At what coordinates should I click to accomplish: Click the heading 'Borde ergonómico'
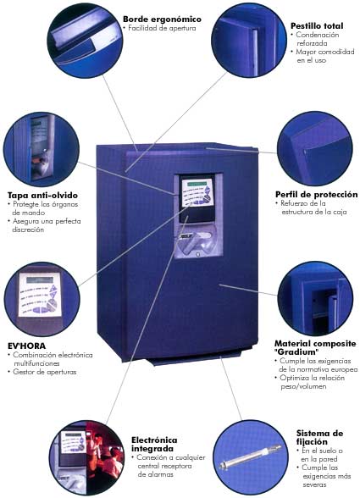point(162,19)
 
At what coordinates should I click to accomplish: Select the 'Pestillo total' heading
point(317,25)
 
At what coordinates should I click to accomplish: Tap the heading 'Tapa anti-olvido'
point(42,195)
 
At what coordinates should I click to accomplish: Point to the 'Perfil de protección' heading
point(317,194)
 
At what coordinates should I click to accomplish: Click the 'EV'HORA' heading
point(27,346)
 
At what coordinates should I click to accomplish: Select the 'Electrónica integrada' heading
point(154,445)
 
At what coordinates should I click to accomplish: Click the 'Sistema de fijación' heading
point(319,438)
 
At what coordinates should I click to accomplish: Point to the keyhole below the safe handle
point(197,254)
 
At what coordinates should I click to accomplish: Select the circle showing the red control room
point(86,458)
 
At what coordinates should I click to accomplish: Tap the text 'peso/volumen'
point(303,386)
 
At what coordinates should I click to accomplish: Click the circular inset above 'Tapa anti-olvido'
point(42,149)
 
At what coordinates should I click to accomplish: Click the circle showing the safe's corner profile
point(315,148)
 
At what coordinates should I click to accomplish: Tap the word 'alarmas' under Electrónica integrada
point(156,474)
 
